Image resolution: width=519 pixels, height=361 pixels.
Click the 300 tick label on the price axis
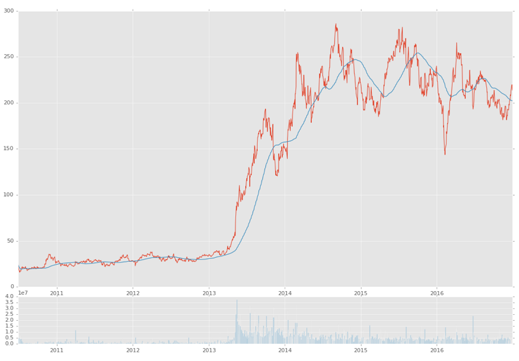pos(9,11)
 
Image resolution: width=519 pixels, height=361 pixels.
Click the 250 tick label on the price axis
pos(9,57)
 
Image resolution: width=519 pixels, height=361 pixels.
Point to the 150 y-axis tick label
pos(9,149)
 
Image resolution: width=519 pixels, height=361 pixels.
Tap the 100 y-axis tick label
pos(9,195)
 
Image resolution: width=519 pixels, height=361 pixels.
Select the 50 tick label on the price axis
pos(10,241)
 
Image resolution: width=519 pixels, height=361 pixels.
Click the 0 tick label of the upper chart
pos(12,287)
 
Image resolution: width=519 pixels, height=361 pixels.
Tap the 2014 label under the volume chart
pos(285,350)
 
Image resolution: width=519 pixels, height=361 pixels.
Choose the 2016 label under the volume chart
pos(437,350)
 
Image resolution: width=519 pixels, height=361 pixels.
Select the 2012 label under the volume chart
pos(133,350)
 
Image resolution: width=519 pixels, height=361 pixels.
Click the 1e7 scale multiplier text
pos(23,293)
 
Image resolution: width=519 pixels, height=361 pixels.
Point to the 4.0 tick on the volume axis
pos(9,296)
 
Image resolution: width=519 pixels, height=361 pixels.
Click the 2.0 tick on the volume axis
pos(9,320)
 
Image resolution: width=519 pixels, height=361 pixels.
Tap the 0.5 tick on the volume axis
pos(9,338)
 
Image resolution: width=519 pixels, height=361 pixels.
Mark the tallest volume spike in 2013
pos(236,301)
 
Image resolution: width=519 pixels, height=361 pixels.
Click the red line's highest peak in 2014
pos(336,24)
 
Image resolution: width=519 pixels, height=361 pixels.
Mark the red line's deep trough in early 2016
pos(445,154)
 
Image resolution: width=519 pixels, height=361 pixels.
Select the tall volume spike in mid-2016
pos(473,317)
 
